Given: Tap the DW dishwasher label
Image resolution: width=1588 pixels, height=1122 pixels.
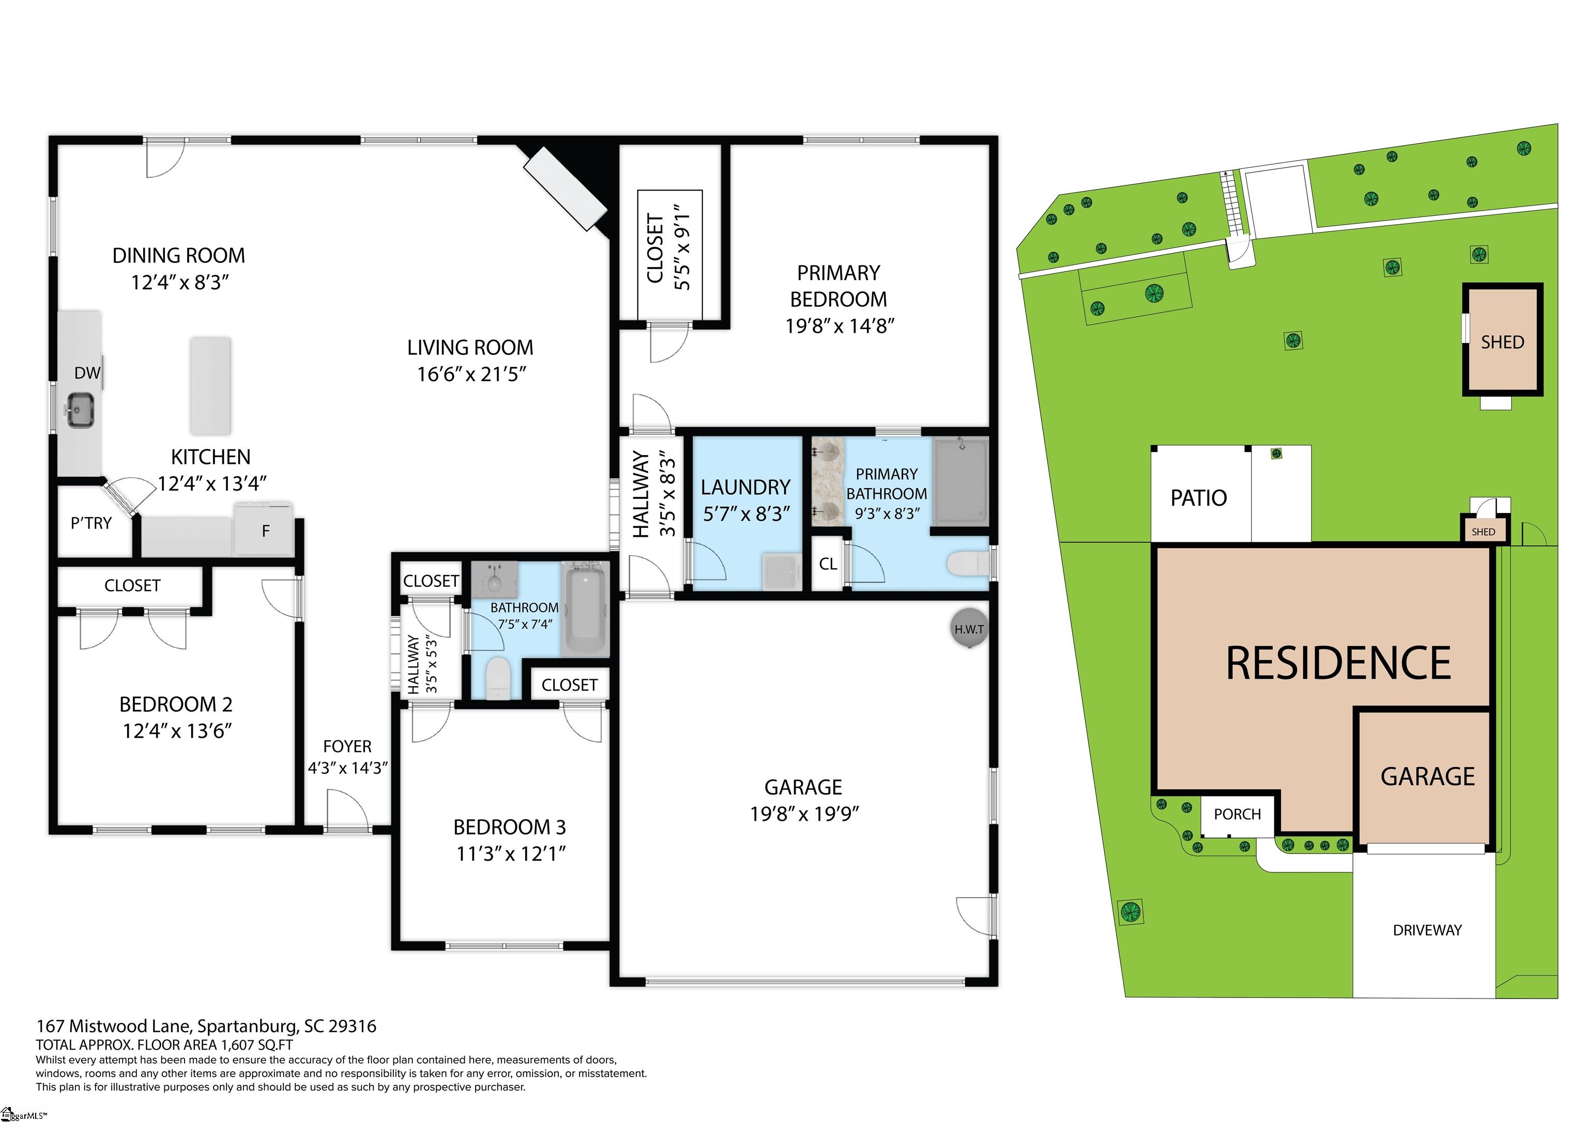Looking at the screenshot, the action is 87,373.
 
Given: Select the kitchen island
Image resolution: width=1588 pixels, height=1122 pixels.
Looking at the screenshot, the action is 210,386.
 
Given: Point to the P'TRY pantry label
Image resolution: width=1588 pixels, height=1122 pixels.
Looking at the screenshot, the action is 91,523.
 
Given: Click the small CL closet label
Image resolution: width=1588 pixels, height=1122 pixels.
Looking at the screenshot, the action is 828,564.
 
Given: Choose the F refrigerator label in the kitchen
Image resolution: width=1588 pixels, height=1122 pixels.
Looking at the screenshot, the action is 266,531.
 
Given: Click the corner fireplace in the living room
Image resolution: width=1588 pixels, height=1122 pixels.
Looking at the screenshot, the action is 566,188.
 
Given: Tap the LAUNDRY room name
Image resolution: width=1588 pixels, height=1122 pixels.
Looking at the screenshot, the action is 745,487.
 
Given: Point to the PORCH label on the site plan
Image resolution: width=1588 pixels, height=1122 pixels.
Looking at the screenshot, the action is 1238,814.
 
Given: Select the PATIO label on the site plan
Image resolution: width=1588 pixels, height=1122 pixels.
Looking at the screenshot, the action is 1199,498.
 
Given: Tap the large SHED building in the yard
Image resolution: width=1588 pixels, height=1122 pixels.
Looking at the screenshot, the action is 1502,339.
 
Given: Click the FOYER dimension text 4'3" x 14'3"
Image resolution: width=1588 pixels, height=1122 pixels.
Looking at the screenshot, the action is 347,768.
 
